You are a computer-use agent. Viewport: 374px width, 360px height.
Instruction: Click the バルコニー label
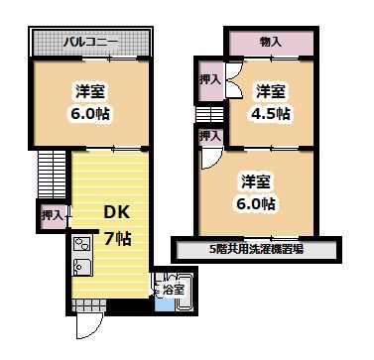92,43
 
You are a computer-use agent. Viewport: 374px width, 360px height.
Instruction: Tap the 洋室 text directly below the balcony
91,91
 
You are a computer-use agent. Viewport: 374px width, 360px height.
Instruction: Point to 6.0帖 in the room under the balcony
91,112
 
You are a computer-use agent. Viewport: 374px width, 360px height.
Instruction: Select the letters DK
118,212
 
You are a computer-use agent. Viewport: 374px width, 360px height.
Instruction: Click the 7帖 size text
118,238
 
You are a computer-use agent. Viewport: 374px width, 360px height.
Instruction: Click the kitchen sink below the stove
80,267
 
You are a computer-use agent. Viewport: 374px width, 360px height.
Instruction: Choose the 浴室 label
173,290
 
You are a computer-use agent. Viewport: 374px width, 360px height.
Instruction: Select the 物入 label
270,42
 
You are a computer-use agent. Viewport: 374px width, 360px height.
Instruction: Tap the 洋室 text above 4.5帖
270,91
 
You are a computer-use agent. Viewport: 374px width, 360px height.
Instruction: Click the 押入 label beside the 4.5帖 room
208,78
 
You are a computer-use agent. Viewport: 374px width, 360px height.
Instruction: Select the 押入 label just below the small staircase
208,138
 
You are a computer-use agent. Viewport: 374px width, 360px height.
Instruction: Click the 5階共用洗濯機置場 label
256,249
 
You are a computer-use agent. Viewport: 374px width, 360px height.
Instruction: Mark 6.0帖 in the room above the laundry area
256,203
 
